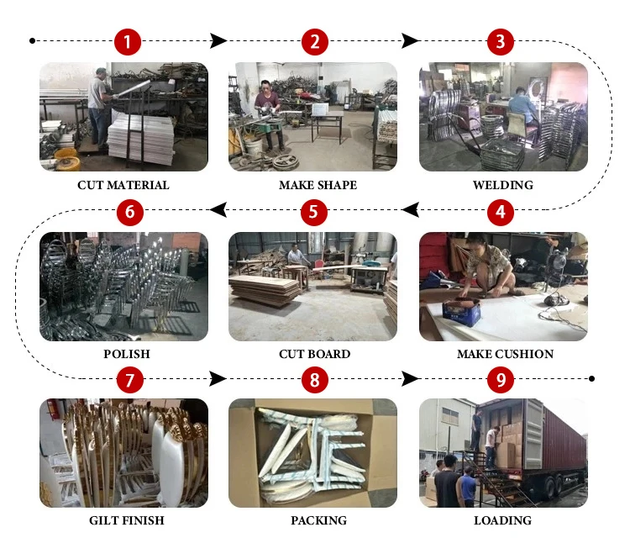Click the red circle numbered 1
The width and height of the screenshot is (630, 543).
128,42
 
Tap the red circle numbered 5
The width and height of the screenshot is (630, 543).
314,212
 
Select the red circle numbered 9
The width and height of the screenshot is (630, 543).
501,379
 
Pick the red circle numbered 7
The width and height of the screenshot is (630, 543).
129,379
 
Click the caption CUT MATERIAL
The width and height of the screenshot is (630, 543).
123,185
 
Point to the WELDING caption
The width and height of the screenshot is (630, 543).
503,185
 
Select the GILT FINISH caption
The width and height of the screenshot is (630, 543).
127,520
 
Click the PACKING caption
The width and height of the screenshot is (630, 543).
318,520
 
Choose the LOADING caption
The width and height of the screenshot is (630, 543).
502,520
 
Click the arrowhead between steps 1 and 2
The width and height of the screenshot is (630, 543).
218,40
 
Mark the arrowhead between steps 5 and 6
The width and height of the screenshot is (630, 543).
218,209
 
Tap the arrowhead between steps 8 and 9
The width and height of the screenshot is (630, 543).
410,378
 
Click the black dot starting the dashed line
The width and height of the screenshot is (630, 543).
33,40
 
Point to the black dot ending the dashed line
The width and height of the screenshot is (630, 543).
591,378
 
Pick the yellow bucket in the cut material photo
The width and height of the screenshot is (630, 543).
66,155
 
